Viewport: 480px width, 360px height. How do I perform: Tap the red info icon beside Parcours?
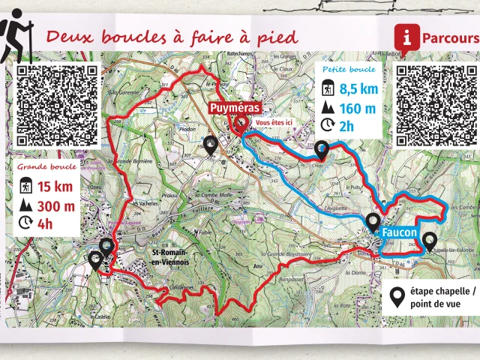point(406,37)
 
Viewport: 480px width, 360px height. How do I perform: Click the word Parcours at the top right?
point(449,37)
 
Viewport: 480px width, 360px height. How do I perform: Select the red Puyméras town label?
point(235,108)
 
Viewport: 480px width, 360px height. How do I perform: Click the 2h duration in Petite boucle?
point(346,127)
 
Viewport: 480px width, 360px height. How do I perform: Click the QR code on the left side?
point(57,105)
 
